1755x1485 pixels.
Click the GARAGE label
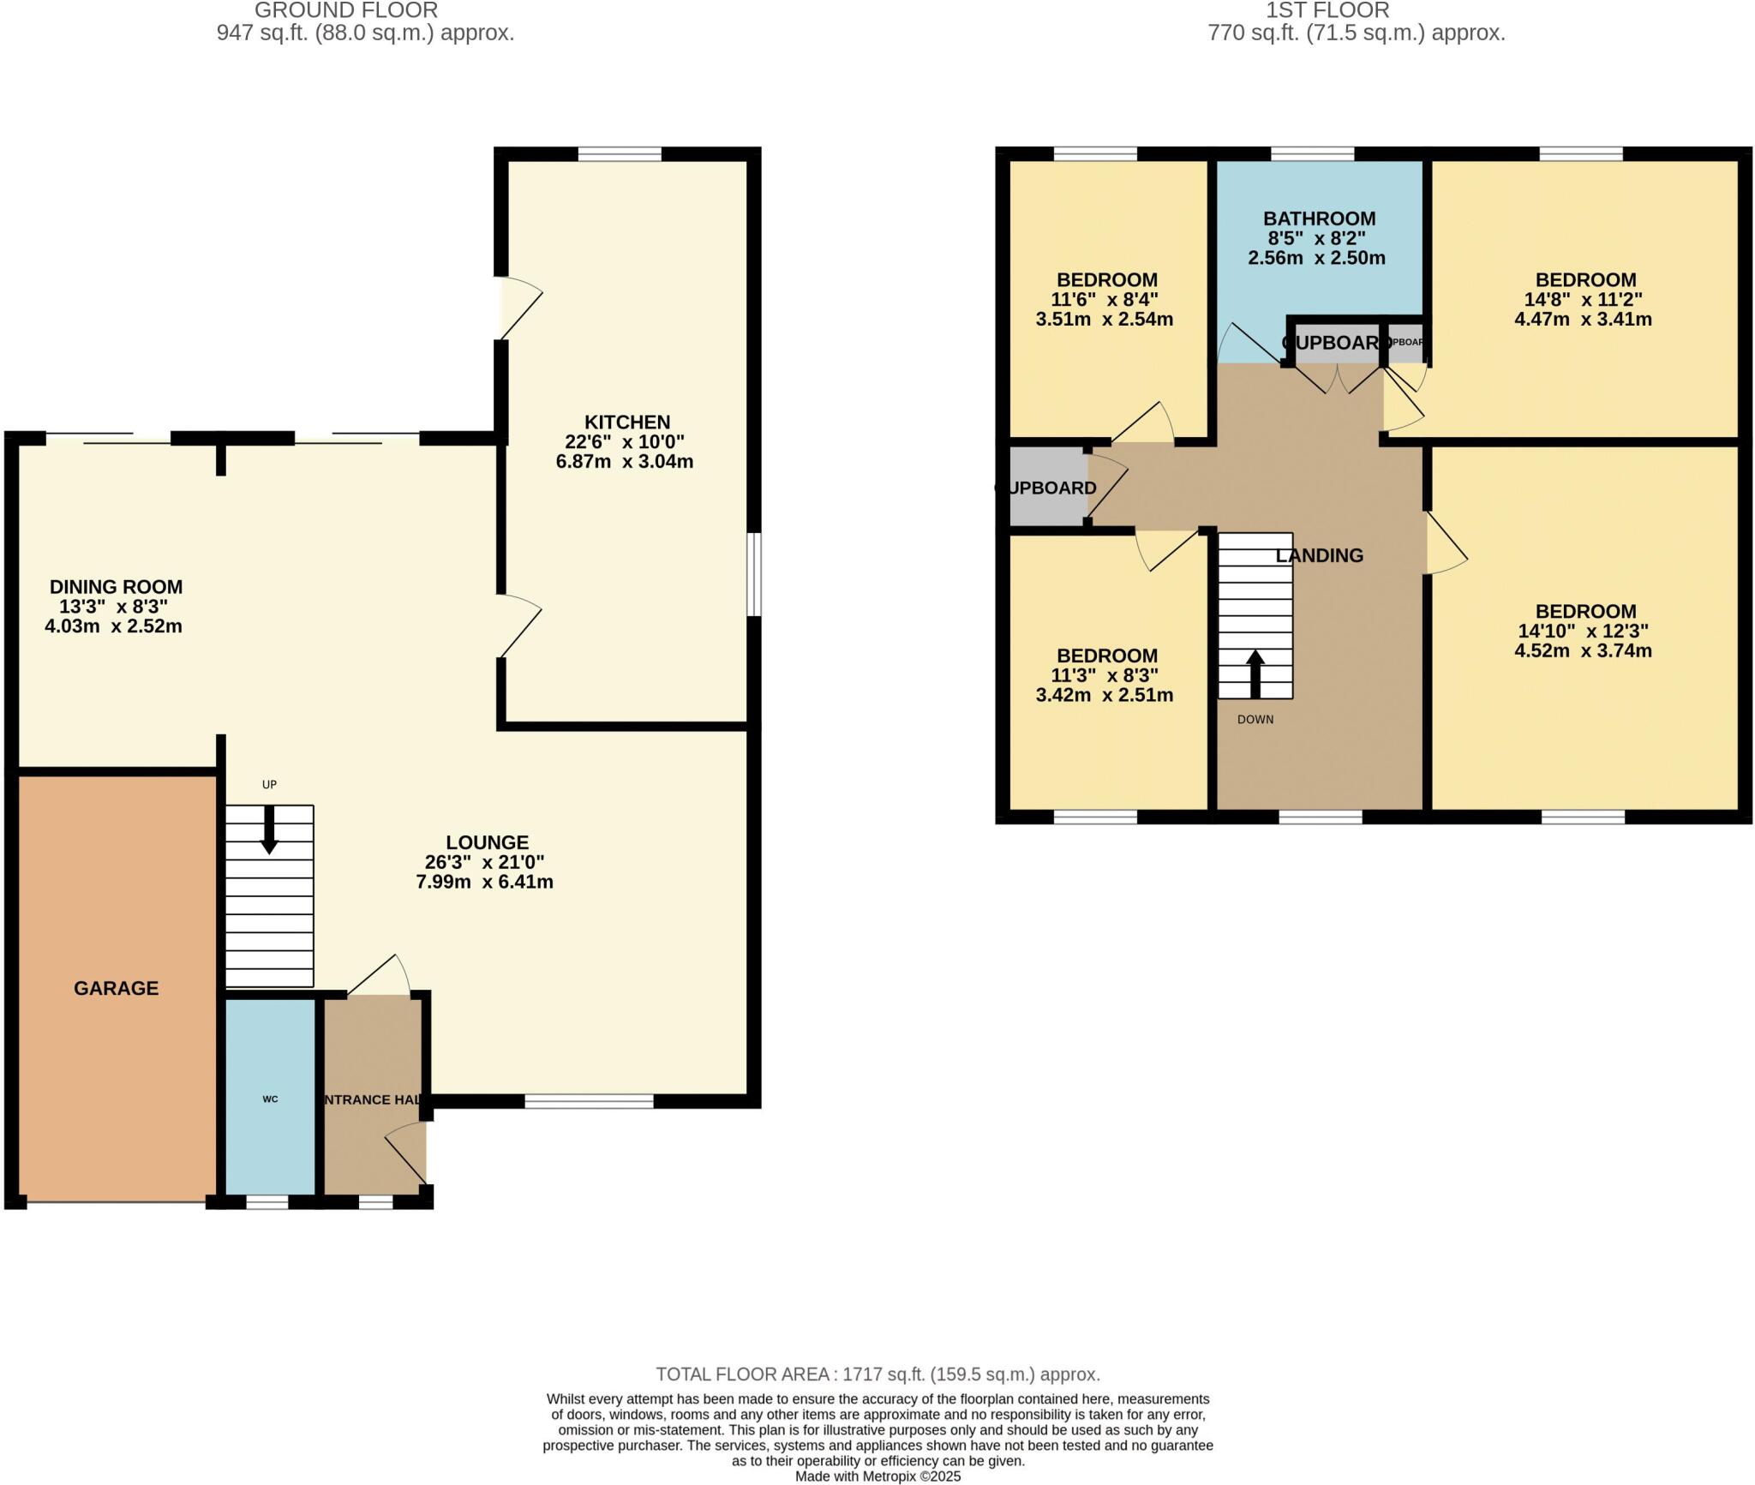(x=116, y=988)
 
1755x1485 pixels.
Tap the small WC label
(x=270, y=1099)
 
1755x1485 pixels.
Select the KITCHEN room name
(x=627, y=422)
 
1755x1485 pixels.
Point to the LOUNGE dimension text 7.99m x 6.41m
(x=484, y=882)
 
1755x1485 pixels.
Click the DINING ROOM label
(x=116, y=587)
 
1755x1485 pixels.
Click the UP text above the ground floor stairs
(x=269, y=784)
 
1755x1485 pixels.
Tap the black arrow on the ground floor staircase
(x=269, y=830)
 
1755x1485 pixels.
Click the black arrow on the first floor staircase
(x=1255, y=674)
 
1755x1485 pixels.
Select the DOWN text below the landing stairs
(x=1255, y=719)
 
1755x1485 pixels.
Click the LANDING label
(x=1319, y=555)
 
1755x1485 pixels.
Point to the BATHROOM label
(x=1319, y=219)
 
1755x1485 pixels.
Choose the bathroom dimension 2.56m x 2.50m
(x=1316, y=258)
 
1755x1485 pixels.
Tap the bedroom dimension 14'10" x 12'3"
(x=1583, y=631)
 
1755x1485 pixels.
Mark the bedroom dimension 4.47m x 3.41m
(x=1583, y=320)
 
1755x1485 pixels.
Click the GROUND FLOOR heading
(x=346, y=10)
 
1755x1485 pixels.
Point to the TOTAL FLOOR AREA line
(x=877, y=1374)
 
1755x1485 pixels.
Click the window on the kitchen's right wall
(x=753, y=575)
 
